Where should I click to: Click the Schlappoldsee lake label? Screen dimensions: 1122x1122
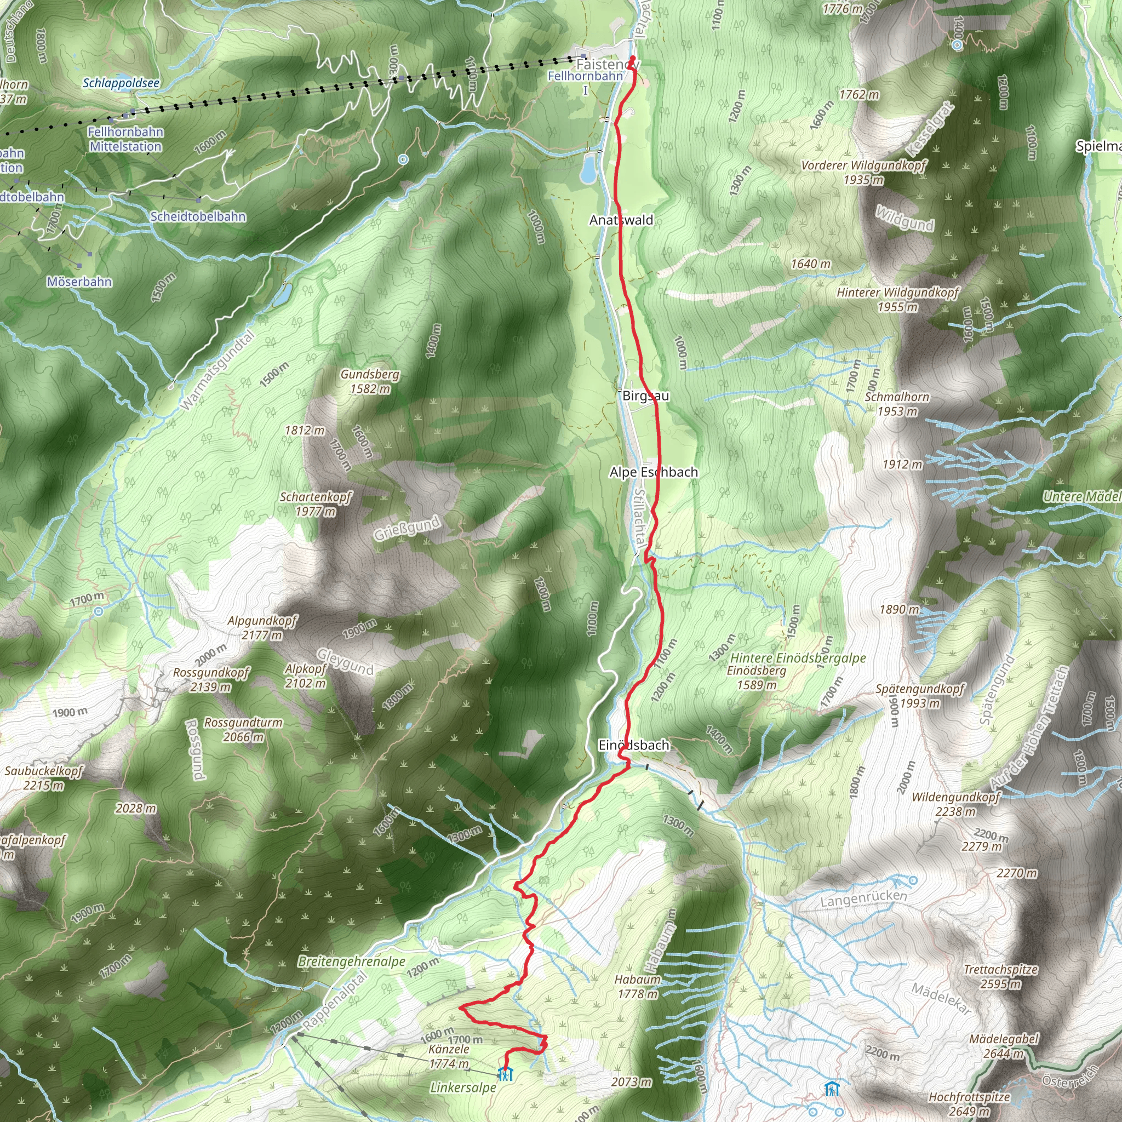[121, 83]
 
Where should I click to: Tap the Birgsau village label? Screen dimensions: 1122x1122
[645, 396]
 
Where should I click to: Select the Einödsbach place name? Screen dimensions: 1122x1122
[634, 745]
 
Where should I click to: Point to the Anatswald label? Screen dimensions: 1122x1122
[621, 220]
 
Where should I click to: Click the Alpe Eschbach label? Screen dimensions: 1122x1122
[654, 472]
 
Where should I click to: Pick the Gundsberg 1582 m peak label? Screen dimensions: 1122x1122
[370, 381]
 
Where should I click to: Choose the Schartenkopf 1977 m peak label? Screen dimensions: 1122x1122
[316, 504]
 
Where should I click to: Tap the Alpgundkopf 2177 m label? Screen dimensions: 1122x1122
[262, 628]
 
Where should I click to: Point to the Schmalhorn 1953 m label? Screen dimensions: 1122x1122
[897, 404]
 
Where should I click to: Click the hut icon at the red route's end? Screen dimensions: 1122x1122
[505, 1074]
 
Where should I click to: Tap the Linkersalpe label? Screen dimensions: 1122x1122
[463, 1087]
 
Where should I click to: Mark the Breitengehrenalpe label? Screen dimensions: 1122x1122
[351, 961]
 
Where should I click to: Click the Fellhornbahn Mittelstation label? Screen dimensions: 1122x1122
[125, 139]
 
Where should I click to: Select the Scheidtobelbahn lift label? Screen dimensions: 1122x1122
[198, 216]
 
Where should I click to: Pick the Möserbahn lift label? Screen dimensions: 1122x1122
[79, 282]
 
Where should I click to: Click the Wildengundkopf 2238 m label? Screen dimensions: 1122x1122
[955, 804]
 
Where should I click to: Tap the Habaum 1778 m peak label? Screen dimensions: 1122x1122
[637, 987]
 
